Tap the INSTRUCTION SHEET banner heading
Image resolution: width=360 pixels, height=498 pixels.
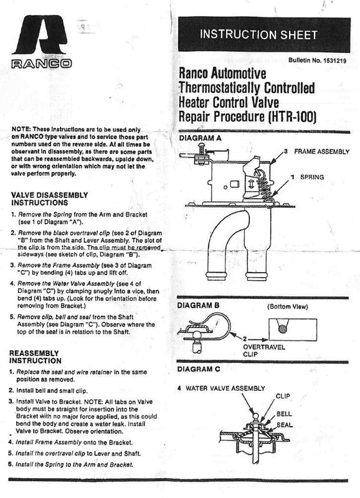click(x=267, y=34)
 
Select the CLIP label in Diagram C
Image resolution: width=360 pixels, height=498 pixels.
click(x=283, y=395)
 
